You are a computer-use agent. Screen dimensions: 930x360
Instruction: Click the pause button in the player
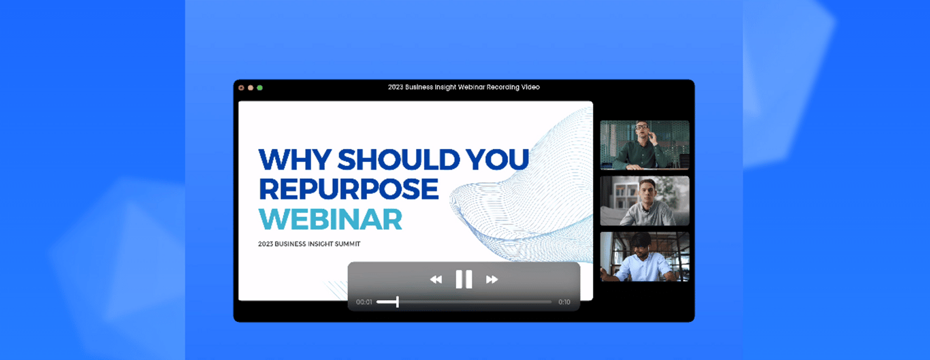(x=464, y=279)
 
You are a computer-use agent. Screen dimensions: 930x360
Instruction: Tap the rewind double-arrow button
(x=436, y=280)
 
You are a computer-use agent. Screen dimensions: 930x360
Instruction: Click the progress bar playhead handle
(x=398, y=302)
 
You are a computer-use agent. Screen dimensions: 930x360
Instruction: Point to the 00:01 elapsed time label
(x=364, y=302)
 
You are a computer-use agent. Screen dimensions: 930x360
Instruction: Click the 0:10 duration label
(x=564, y=302)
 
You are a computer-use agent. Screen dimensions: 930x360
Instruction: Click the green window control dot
(x=260, y=88)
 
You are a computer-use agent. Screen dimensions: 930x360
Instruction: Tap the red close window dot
(x=241, y=88)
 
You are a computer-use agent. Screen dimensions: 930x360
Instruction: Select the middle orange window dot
(x=251, y=88)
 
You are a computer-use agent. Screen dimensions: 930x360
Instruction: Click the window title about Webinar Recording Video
(x=464, y=87)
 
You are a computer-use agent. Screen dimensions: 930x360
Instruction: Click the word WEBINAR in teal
(x=330, y=219)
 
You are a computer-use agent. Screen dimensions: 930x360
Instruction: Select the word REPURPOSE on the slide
(x=349, y=189)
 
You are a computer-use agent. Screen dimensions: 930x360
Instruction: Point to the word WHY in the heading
(x=295, y=159)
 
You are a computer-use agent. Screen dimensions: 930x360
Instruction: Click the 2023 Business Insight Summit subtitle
(x=309, y=244)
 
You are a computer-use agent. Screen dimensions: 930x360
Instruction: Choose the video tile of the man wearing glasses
(x=645, y=145)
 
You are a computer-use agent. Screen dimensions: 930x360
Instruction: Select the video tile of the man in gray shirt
(x=645, y=201)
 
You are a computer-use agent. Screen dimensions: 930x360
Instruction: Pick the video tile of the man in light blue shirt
(x=645, y=257)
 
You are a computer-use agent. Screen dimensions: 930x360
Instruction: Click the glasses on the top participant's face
(x=642, y=126)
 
